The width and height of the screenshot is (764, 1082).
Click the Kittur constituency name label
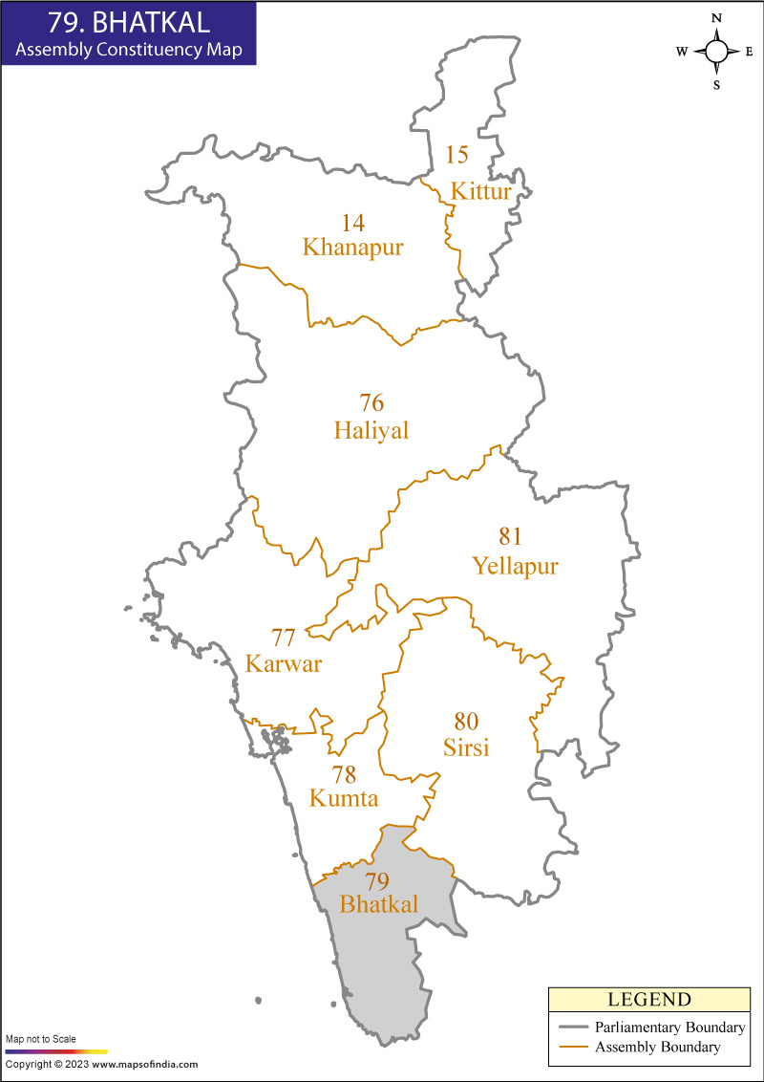click(x=481, y=191)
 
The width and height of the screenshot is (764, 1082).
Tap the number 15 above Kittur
click(x=457, y=155)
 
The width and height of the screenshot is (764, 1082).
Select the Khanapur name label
click(x=352, y=248)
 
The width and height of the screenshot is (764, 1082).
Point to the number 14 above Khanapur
click(x=353, y=223)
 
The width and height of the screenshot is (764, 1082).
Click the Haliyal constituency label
click(x=371, y=431)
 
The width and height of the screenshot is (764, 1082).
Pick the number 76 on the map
click(x=371, y=403)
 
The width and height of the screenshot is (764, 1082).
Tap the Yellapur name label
click(x=515, y=567)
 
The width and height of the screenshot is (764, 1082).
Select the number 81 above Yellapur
click(x=510, y=536)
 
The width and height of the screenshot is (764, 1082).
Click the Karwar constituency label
click(x=284, y=664)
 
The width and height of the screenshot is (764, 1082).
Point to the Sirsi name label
click(x=466, y=747)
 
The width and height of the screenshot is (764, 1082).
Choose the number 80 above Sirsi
click(x=466, y=721)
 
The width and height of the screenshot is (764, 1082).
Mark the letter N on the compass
click(x=716, y=18)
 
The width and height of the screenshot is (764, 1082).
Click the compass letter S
click(x=716, y=84)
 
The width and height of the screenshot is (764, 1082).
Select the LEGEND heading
click(x=648, y=1000)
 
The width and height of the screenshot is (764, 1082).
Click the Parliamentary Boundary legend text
click(x=668, y=1028)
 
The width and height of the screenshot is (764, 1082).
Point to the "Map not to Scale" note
click(x=41, y=1038)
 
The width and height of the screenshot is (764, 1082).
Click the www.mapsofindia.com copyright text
click(x=145, y=1064)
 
